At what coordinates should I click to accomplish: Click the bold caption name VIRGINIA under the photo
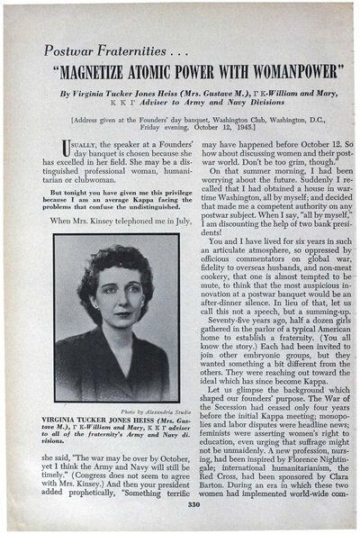(68, 421)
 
